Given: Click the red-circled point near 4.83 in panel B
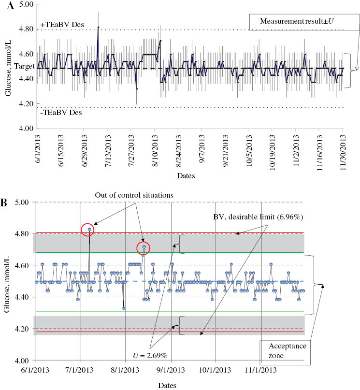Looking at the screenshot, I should [x=89, y=230].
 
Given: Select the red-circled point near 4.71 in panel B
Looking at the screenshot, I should [x=144, y=248].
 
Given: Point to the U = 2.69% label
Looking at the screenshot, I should [x=150, y=355].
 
